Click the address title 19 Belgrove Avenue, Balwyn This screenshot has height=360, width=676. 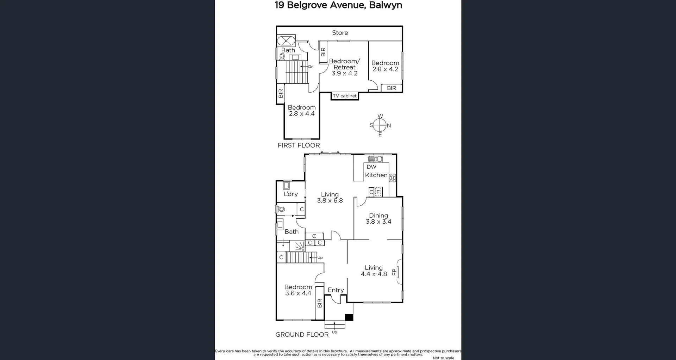tap(338, 5)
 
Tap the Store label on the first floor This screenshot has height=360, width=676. tap(340, 33)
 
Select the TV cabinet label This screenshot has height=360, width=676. tap(345, 96)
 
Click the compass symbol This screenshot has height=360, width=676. tap(380, 125)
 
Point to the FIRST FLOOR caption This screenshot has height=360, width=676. tap(299, 145)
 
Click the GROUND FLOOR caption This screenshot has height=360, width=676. tap(302, 334)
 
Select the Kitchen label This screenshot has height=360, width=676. tap(376, 175)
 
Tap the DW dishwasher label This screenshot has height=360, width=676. tap(371, 167)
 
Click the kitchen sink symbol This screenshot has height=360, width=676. tap(375, 159)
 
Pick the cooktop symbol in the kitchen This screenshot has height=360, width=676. tap(392, 178)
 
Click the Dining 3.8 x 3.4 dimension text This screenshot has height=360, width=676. tap(378, 222)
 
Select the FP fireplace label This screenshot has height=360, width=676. tap(394, 272)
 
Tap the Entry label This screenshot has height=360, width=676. tap(336, 290)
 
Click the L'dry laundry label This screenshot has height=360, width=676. tap(290, 194)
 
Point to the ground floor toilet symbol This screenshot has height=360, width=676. tap(281, 209)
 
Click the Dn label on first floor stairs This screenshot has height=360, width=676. tap(311, 67)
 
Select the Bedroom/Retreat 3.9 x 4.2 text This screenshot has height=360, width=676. tap(344, 67)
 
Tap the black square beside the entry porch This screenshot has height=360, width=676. tap(349, 317)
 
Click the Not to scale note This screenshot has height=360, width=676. tap(443, 358)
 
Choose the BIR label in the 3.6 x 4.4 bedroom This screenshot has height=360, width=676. tap(319, 303)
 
